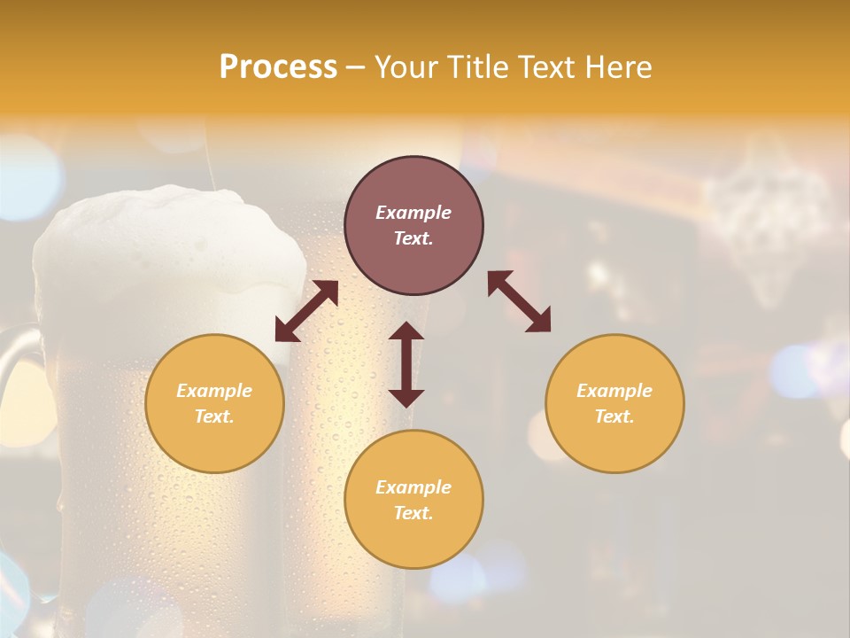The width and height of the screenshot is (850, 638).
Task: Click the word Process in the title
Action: [x=278, y=67]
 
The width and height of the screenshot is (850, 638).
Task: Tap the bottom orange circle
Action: [x=413, y=541]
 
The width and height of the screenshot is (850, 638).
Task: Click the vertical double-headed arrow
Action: [x=406, y=364]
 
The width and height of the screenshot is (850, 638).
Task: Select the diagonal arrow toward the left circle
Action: [x=306, y=311]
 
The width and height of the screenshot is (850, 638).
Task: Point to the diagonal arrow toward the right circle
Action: [x=519, y=301]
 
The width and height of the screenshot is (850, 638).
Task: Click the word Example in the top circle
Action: [x=413, y=213]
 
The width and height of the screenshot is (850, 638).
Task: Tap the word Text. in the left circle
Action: [x=214, y=416]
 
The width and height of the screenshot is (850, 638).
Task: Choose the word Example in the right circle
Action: [x=614, y=391]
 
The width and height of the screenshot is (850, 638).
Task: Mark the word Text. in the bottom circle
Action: [x=413, y=513]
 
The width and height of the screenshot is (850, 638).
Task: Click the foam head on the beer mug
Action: [x=168, y=239]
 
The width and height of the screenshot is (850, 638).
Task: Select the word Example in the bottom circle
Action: [x=413, y=487]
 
